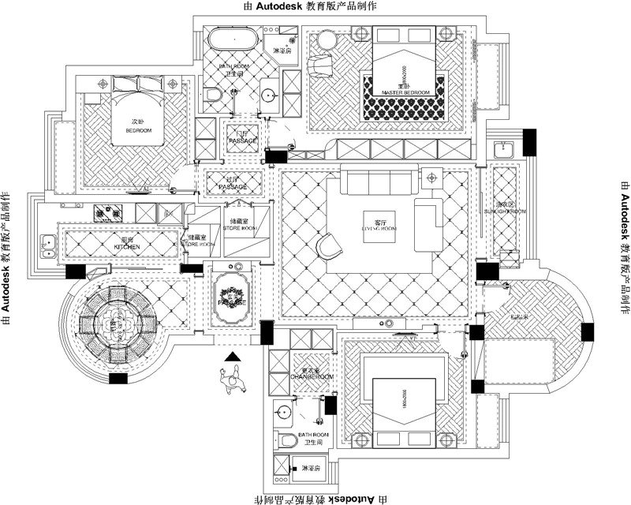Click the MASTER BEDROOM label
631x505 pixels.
pyautogui.click(x=405, y=92)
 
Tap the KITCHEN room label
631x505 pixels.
pyautogui.click(x=127, y=246)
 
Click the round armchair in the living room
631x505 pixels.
pyautogui.click(x=329, y=245)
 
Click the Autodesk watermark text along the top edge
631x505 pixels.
pyautogui.click(x=315, y=6)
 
